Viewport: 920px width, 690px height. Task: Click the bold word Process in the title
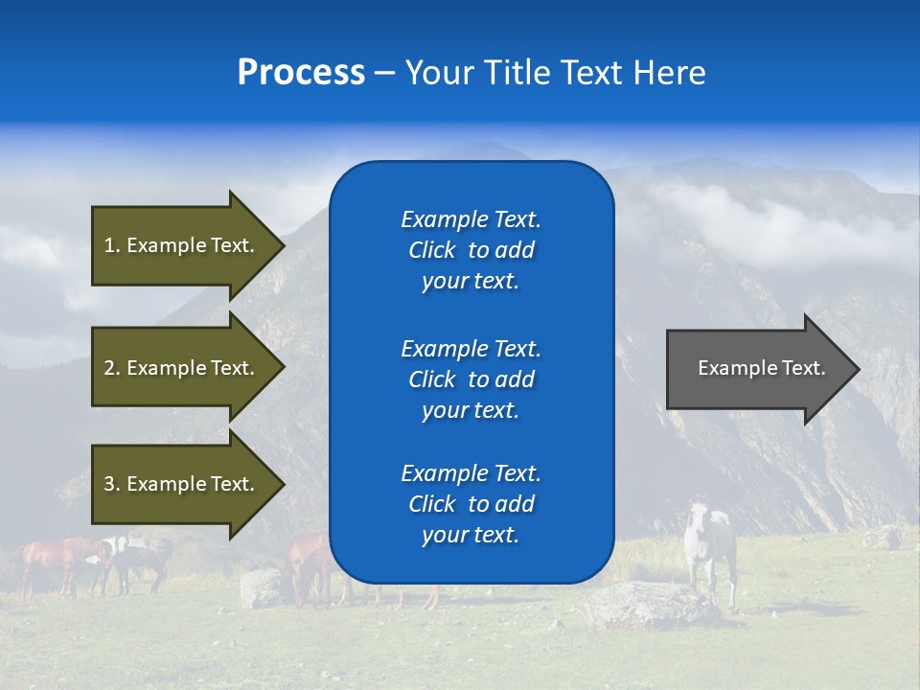click(301, 73)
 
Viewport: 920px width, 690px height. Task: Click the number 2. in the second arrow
click(112, 368)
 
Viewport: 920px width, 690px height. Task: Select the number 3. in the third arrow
click(112, 484)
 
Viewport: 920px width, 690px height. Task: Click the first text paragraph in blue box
click(471, 250)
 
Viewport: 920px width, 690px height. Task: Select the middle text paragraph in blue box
click(471, 379)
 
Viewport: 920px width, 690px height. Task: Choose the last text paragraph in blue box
click(471, 504)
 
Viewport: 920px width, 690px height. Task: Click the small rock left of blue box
click(261, 587)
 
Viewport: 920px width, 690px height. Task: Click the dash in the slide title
click(384, 73)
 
